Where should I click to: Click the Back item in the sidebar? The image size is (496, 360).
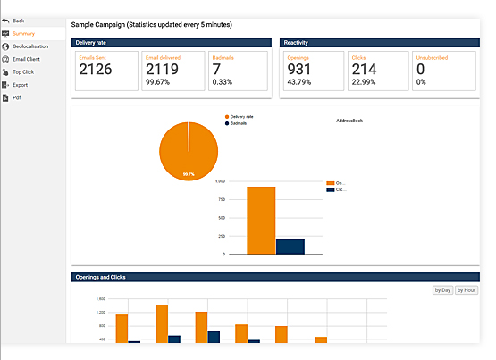point(18,20)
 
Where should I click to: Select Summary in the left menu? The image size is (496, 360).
point(23,33)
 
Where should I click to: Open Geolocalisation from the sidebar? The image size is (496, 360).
point(30,46)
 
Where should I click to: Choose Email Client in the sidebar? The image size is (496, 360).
point(26,59)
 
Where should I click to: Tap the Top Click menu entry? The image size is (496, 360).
point(22,71)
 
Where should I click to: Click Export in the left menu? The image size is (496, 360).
point(20,85)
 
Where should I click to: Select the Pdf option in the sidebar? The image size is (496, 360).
point(16,97)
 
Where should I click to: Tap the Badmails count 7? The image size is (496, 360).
point(216,70)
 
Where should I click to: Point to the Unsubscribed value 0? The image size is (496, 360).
point(421,70)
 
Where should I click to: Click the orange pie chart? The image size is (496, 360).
point(189,149)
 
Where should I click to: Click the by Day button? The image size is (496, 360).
point(441,290)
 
